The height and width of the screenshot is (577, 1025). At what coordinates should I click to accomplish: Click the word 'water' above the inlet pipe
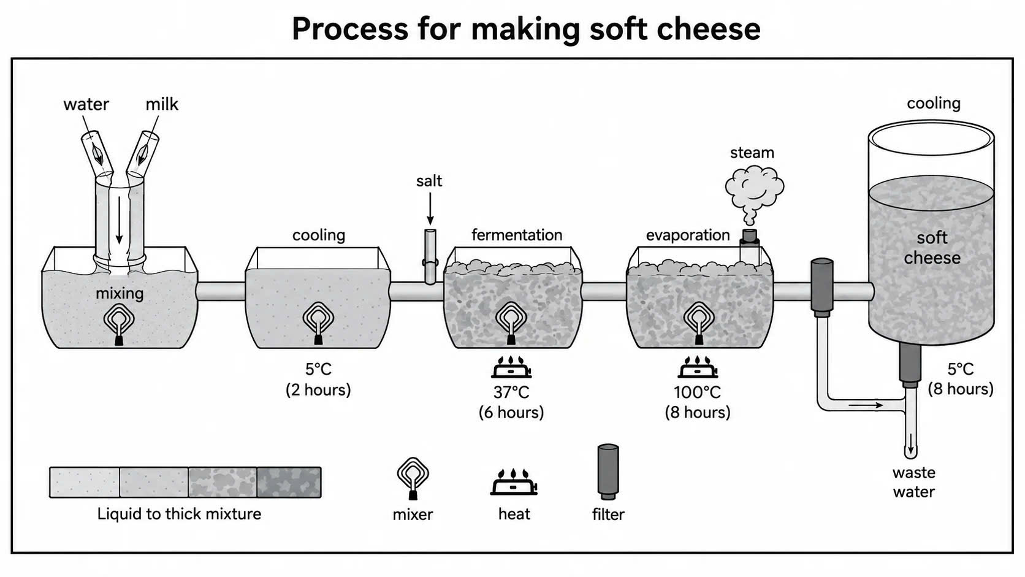click(86, 104)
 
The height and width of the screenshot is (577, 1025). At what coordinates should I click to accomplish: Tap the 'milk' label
click(161, 104)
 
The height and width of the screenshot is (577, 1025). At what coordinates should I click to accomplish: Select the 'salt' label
click(429, 182)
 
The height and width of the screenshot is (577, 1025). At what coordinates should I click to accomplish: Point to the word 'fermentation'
click(517, 235)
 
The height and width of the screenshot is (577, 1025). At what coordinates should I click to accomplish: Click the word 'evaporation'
click(688, 235)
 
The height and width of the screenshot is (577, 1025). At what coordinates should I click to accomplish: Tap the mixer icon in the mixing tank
click(120, 323)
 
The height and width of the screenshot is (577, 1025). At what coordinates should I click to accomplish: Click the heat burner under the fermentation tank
click(512, 367)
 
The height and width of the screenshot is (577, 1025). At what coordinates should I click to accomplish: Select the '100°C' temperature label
click(698, 392)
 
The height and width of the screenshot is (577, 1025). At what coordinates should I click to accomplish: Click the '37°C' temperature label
click(511, 392)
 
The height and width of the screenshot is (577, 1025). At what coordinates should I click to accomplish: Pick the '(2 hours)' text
click(319, 390)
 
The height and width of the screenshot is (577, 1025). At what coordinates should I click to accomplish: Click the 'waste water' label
click(913, 482)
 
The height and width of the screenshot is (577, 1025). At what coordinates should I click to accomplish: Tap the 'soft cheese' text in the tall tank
click(932, 248)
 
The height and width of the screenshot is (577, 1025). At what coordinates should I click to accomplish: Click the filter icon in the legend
click(608, 472)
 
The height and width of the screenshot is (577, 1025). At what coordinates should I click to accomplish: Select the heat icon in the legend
click(513, 482)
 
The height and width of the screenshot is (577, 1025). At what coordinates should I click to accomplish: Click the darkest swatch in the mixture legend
click(289, 482)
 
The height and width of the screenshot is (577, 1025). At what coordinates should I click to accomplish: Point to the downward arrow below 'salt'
click(430, 208)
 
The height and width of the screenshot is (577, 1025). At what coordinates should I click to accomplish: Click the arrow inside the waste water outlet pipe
click(910, 443)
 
